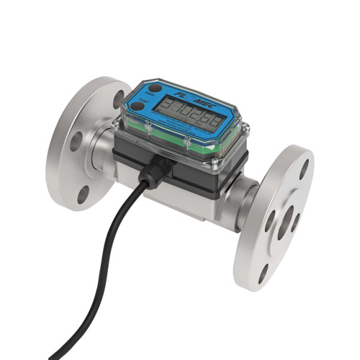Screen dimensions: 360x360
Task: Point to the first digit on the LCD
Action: pyautogui.click(x=165, y=108)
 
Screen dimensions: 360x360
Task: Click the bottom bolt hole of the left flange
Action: pyautogui.click(x=84, y=193)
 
